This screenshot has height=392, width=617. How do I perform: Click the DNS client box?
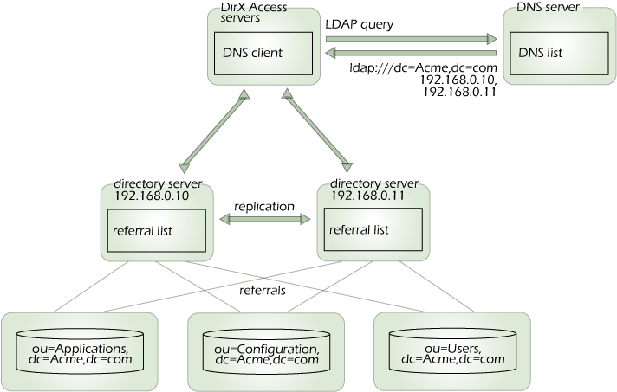tap(263, 53)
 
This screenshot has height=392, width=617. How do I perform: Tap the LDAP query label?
tap(360, 25)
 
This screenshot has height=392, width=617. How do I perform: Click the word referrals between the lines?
tap(263, 291)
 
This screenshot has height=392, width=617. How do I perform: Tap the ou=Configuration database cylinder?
tap(265, 349)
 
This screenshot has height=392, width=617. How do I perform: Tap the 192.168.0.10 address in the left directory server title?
tap(152, 196)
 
